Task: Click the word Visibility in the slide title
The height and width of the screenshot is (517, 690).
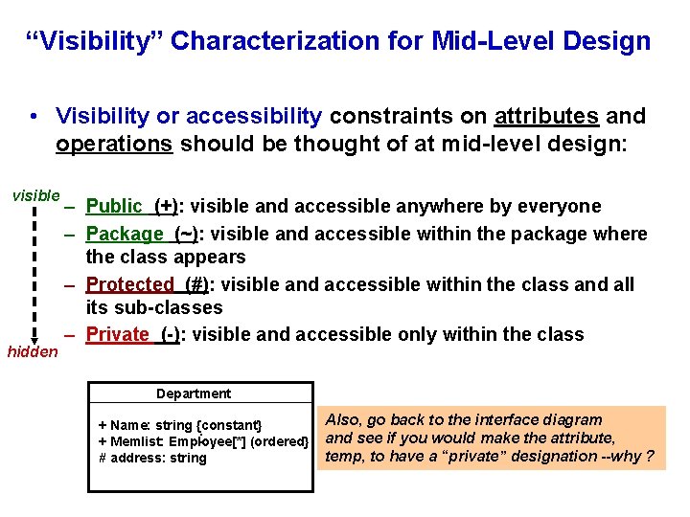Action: [97, 41]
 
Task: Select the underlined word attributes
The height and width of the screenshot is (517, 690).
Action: [546, 116]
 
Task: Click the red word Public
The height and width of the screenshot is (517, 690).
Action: [114, 206]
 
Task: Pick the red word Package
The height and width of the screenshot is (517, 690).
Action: [125, 234]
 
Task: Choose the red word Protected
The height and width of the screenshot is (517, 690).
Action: [129, 284]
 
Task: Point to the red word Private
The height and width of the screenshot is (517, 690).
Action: [118, 334]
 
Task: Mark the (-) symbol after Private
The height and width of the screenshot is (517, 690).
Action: [170, 334]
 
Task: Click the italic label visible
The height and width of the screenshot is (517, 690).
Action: [35, 195]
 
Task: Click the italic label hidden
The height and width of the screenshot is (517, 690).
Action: [33, 352]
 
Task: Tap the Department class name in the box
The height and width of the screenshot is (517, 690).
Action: [194, 393]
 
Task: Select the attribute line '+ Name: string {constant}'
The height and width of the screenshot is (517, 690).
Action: [180, 424]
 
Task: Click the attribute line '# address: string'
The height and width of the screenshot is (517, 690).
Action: [152, 458]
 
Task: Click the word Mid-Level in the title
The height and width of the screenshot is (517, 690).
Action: [494, 41]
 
